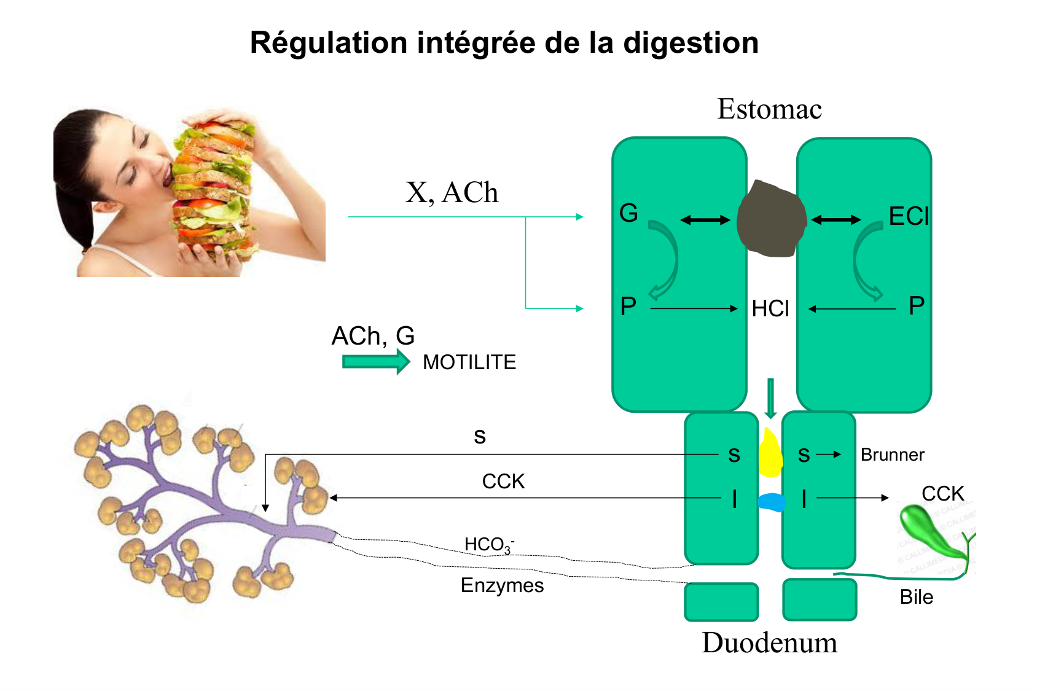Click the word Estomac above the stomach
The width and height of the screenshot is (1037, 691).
pos(769,109)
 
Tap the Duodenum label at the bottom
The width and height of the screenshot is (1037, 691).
pos(769,643)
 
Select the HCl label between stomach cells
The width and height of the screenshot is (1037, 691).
pos(770,308)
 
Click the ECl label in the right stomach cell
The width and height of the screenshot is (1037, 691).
pos(909,216)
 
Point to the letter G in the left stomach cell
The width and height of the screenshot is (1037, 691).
pos(628,213)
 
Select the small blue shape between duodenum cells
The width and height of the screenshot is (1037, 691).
pos(772,502)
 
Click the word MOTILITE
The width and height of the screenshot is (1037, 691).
pos(469,362)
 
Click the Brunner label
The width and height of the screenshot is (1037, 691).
pos(892,455)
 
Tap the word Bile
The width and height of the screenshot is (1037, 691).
pos(916,597)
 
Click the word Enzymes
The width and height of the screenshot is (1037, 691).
pos(502,585)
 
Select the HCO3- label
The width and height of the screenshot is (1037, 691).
pos(488,545)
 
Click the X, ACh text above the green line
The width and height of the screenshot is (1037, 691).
pos(452,192)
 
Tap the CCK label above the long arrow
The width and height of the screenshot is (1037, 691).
pos(503,482)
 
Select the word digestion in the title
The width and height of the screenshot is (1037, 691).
pos(691,43)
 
